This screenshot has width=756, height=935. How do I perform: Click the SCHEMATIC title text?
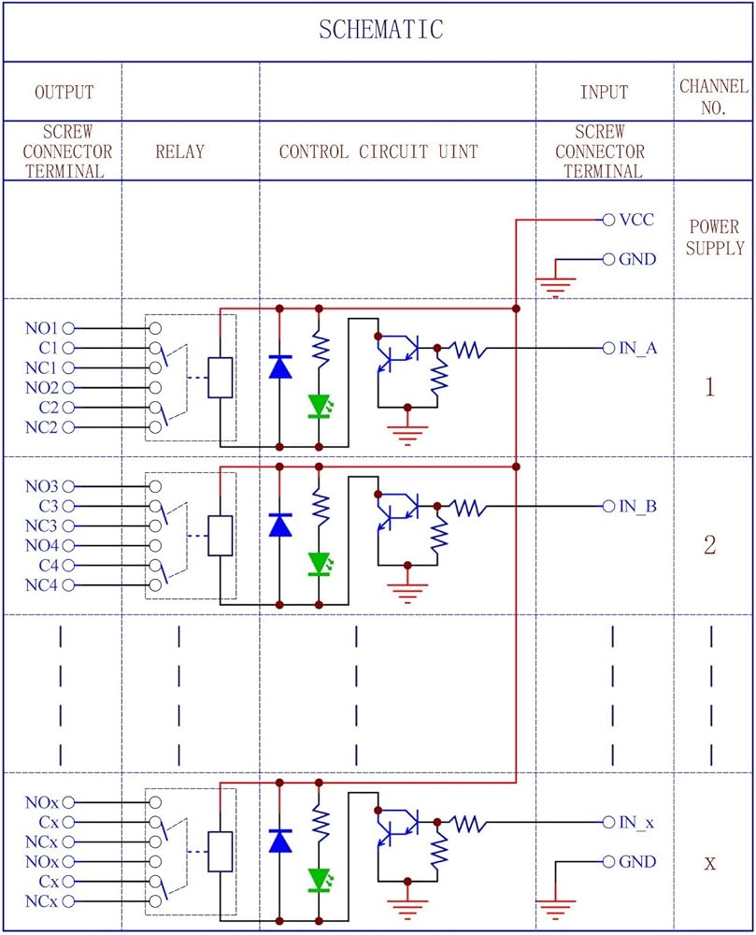(380, 30)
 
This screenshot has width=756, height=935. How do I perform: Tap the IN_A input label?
(638, 348)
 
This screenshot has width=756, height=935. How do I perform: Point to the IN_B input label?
(638, 507)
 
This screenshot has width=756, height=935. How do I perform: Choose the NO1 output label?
(42, 328)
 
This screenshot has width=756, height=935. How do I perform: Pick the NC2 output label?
(42, 427)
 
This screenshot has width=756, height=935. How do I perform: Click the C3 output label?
(50, 506)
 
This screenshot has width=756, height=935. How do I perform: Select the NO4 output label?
(42, 545)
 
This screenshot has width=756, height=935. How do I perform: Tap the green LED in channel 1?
(320, 406)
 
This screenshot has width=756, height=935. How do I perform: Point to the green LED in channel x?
(320, 879)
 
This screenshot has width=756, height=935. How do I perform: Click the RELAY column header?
(179, 151)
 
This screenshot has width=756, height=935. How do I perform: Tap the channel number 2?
(710, 545)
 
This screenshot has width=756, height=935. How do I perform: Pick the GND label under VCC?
(637, 260)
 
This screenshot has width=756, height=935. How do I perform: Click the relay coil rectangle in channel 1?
(220, 377)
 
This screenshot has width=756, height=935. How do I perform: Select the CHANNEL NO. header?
(714, 96)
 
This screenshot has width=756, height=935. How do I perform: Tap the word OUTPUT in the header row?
(64, 93)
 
